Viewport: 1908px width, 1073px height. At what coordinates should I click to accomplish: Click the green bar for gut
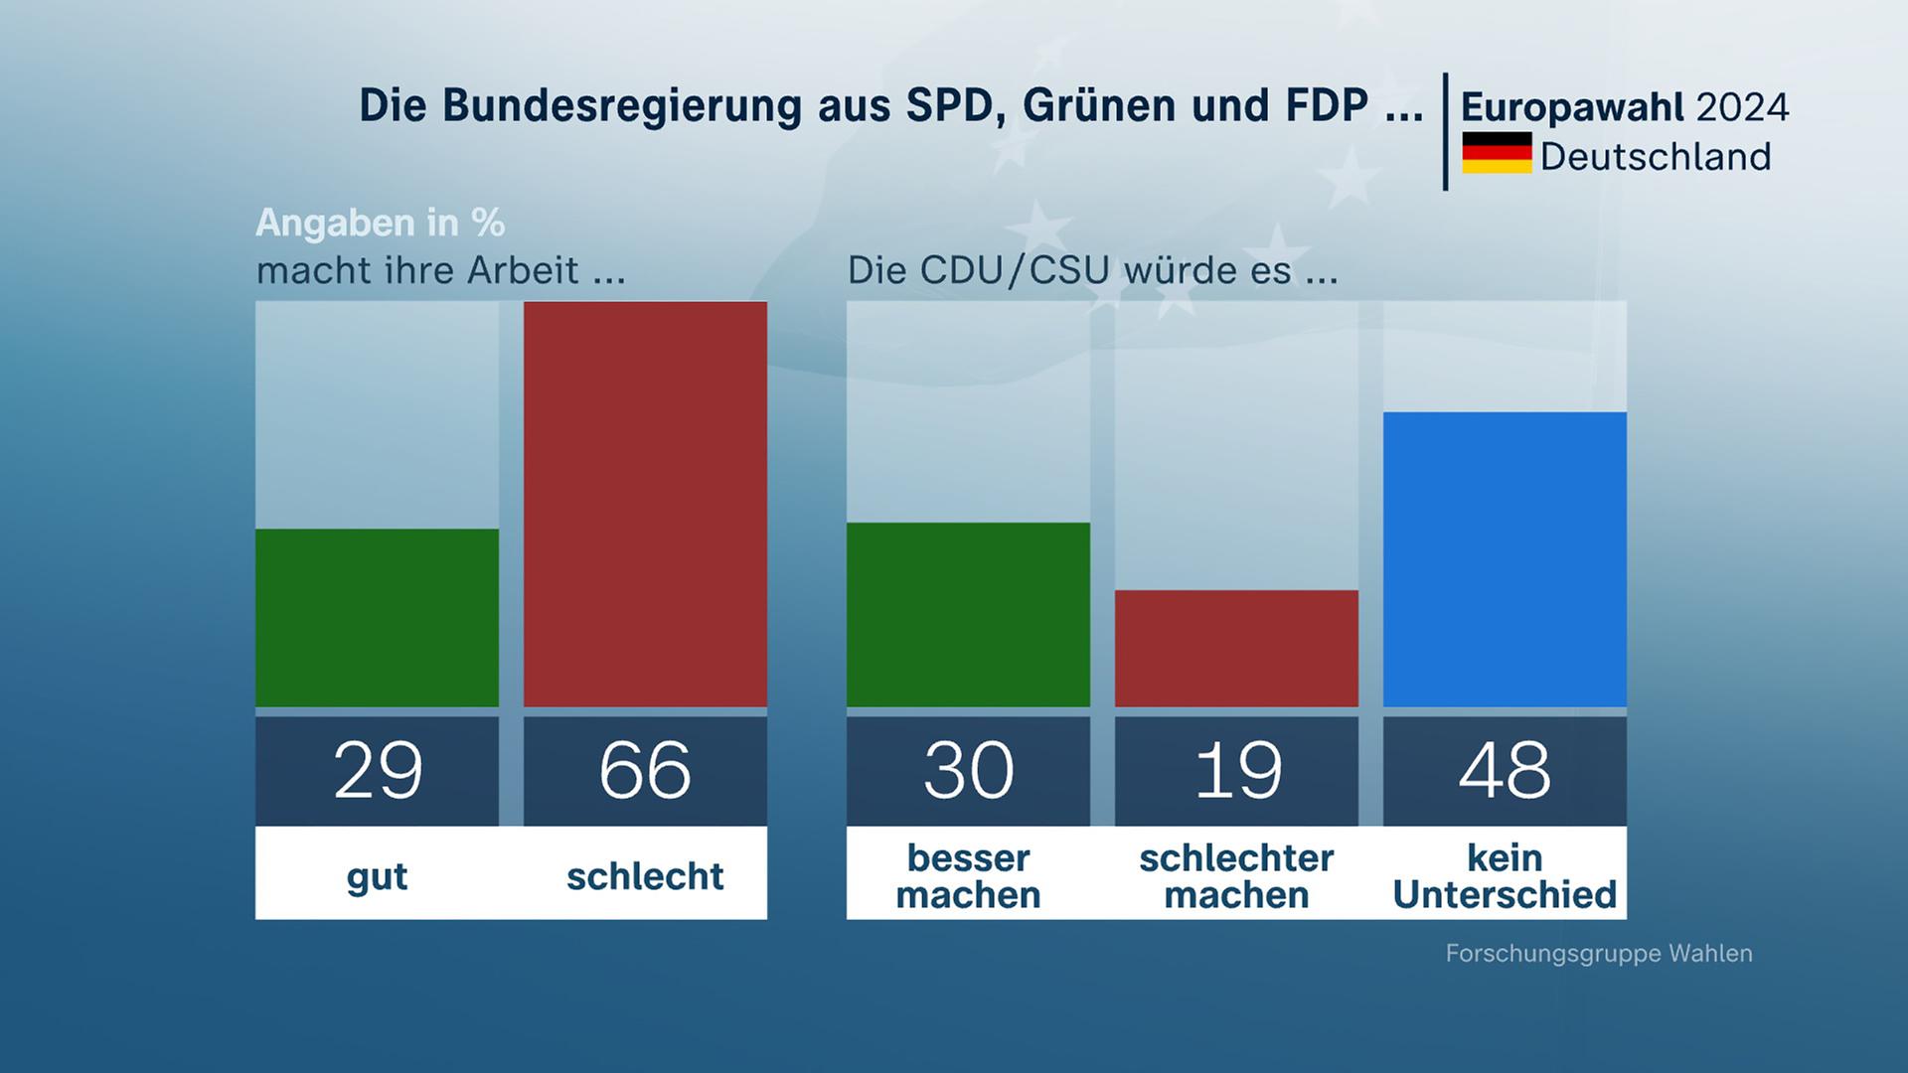[377, 617]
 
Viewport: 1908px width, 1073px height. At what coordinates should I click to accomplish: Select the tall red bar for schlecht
[645, 504]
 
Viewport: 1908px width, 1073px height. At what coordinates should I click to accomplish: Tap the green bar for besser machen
[968, 614]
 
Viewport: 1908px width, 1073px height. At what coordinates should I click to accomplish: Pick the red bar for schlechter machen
[1236, 648]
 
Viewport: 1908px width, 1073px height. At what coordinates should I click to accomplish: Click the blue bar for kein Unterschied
[1505, 558]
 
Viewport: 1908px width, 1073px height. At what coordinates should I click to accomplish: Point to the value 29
[378, 770]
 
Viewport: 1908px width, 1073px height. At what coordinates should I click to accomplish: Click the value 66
[645, 770]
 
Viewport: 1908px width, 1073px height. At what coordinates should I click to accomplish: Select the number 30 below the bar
[968, 770]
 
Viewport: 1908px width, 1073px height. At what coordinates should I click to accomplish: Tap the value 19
[1237, 770]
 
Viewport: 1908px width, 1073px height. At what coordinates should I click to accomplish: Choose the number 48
[1505, 770]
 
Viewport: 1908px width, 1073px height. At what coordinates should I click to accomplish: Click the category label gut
[377, 877]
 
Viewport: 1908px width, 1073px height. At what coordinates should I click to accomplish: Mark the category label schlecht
[645, 876]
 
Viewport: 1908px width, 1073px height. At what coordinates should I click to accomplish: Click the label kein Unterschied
[1505, 876]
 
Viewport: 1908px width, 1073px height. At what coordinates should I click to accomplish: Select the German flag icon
[1497, 153]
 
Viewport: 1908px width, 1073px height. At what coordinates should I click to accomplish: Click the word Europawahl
[1573, 107]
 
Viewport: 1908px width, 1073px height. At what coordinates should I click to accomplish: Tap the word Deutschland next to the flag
[1656, 157]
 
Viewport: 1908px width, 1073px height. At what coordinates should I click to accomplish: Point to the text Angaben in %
[381, 223]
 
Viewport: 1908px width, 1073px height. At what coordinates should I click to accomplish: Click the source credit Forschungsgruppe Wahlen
[1598, 954]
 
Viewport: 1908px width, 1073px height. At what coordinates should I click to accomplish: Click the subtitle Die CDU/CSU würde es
[1092, 270]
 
